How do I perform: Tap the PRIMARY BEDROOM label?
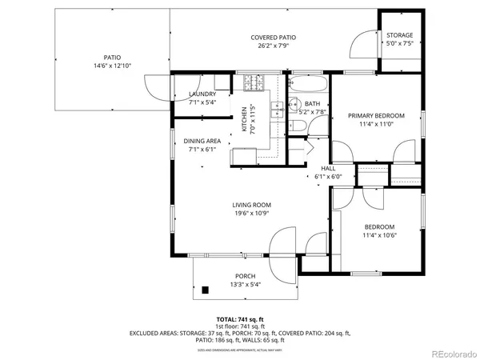(x=376, y=116)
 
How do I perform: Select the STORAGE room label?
(x=400, y=36)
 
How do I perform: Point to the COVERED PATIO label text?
(x=273, y=38)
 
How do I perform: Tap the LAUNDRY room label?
(x=196, y=94)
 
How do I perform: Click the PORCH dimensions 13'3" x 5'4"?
(x=245, y=284)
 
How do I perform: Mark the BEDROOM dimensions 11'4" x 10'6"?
(x=380, y=235)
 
